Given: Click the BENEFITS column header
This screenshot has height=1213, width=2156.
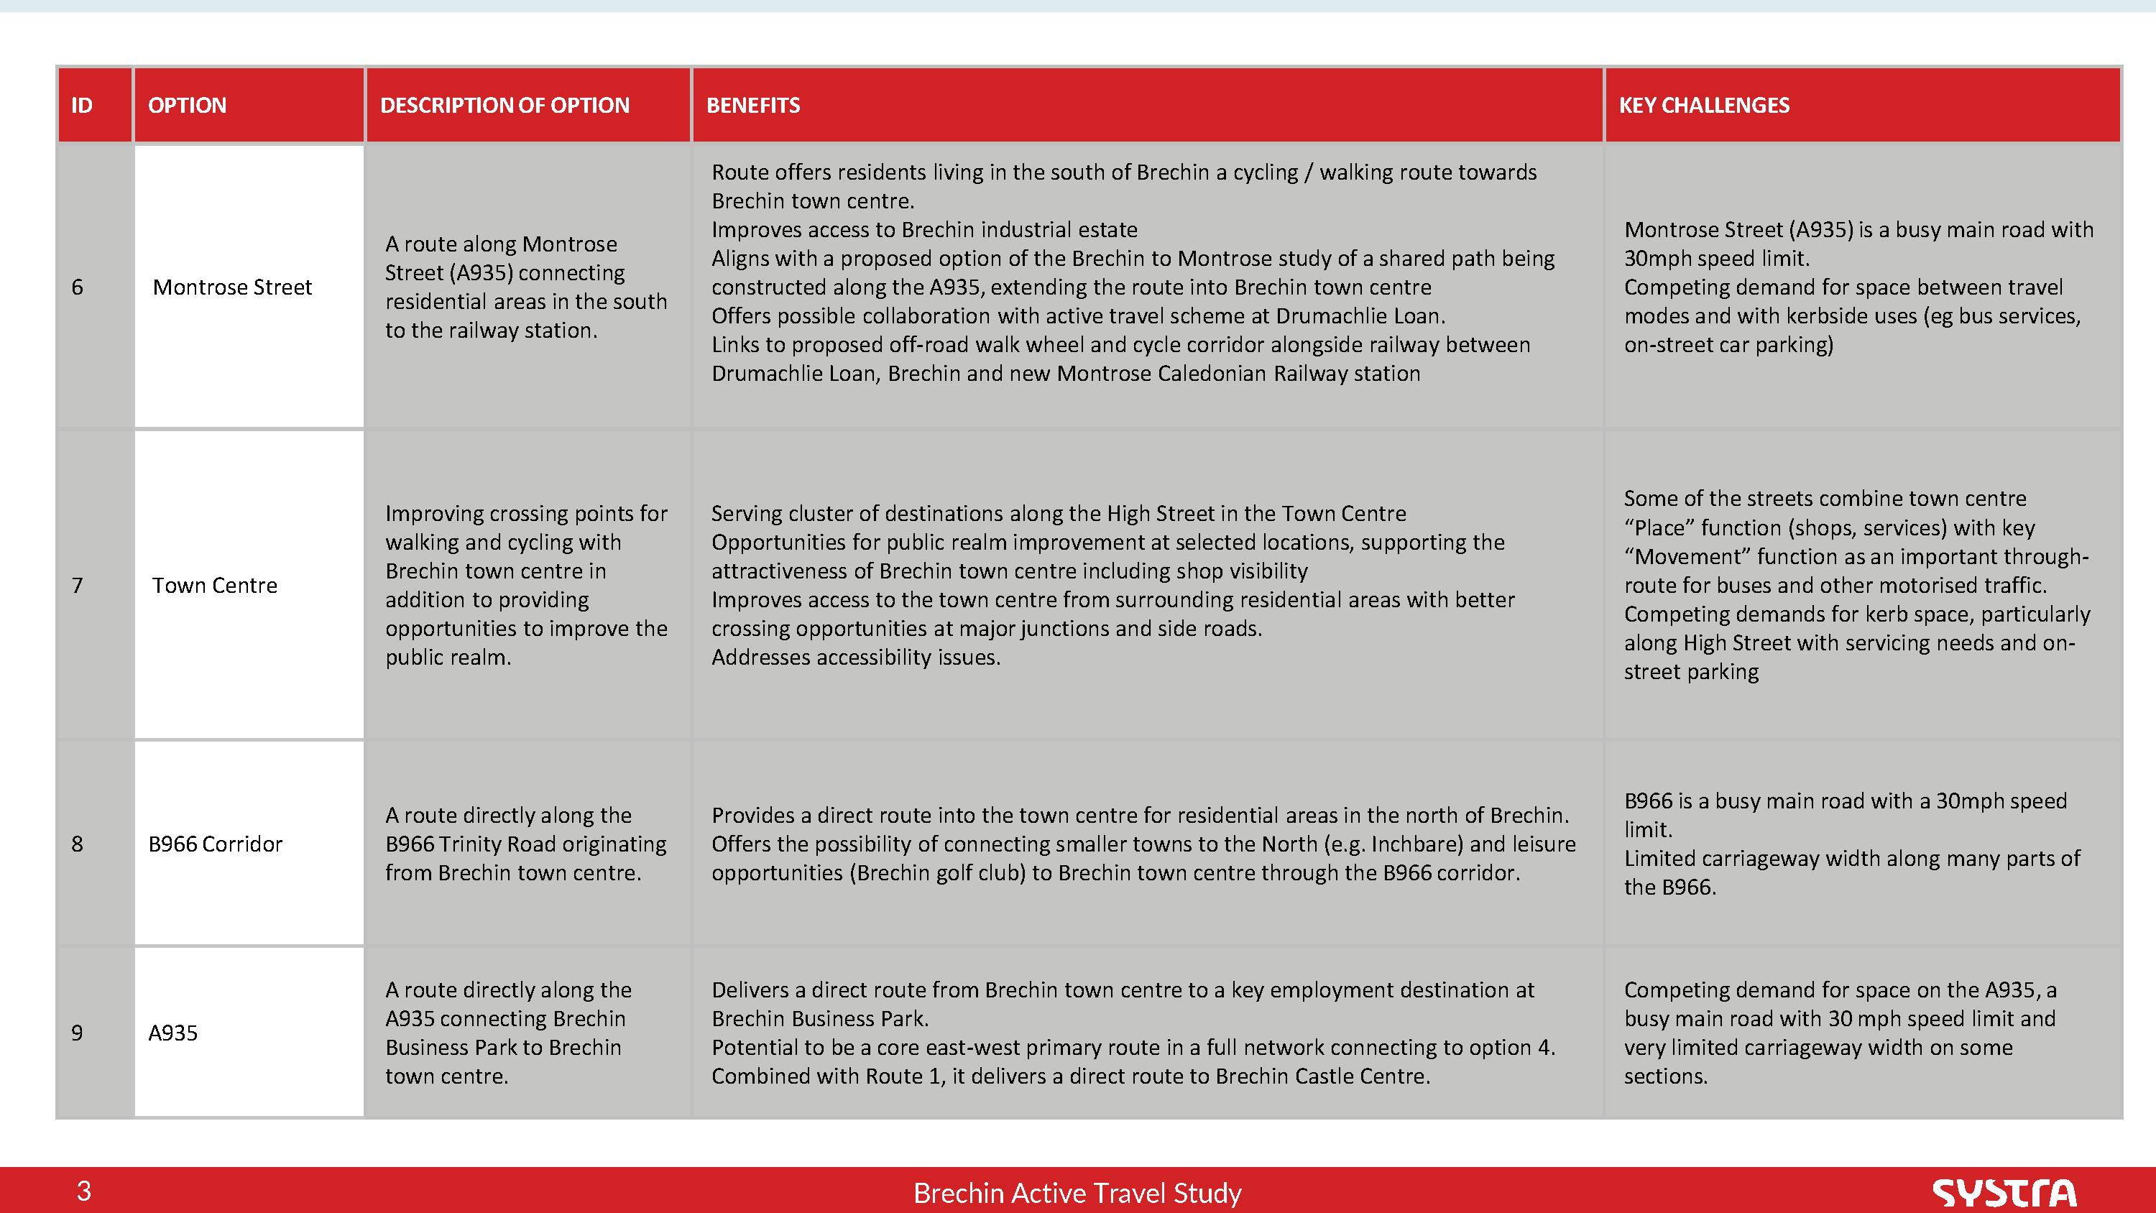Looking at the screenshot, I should coord(752,106).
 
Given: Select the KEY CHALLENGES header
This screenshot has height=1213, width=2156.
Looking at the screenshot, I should coord(1703,106).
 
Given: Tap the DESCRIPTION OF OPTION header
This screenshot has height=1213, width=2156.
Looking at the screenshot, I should coord(504,106).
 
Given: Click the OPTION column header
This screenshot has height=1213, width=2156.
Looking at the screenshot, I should coord(187,106).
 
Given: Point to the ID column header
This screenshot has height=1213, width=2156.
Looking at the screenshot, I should coord(81,106).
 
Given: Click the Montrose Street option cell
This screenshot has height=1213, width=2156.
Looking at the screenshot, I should coord(232,287).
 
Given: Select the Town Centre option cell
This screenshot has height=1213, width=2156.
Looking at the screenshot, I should coord(214,585).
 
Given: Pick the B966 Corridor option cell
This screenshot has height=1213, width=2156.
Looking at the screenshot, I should coord(215,844).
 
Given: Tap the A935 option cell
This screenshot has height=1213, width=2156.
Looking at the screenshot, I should coord(172,1033).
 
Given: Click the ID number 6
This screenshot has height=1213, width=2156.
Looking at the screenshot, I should coord(77,287).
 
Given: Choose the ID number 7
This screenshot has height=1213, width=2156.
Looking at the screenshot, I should coord(77,585).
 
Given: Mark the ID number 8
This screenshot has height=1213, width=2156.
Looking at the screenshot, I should coord(77,844).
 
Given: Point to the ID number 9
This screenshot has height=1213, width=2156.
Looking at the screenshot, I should coord(77,1033).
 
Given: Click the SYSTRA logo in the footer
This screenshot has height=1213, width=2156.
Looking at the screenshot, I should coord(2004,1192).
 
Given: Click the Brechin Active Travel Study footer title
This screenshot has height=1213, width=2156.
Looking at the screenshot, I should coord(1077,1193).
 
